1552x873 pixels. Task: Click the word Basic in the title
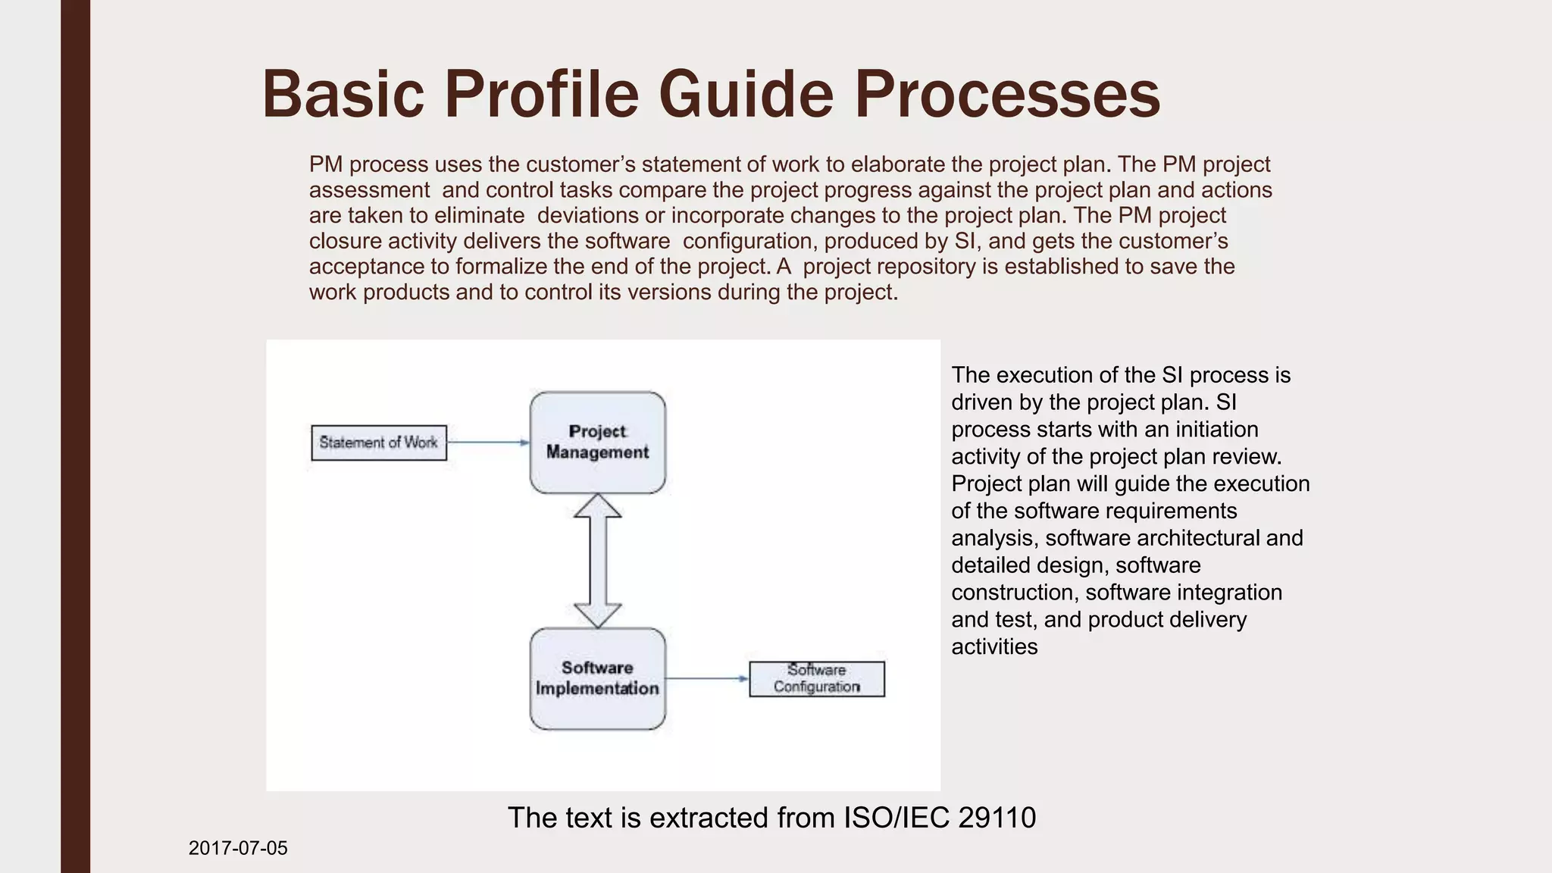click(x=343, y=94)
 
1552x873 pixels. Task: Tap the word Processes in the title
click(x=1007, y=94)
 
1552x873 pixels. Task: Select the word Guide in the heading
click(x=746, y=94)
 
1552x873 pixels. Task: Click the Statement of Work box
click(x=379, y=443)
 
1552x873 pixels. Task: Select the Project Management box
click(x=597, y=443)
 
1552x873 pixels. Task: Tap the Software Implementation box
click(x=597, y=678)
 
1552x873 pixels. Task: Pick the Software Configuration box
click(x=816, y=678)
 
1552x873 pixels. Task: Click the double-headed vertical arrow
click(x=597, y=561)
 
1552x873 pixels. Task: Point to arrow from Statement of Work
click(x=488, y=442)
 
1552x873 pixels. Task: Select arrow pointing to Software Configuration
click(x=707, y=678)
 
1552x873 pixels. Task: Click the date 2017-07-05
click(x=238, y=848)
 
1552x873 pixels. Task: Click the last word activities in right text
click(x=994, y=646)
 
